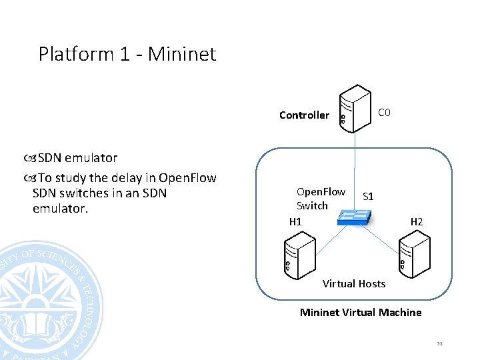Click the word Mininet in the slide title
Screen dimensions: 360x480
[x=182, y=53]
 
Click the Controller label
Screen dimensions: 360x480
[x=304, y=115]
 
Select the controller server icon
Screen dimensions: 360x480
[x=354, y=109]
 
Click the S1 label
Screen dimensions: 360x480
[x=368, y=197]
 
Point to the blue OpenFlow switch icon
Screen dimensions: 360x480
[x=354, y=217]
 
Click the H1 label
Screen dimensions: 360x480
[x=295, y=221]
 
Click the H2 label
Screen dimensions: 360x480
[x=417, y=221]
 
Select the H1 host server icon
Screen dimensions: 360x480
[x=297, y=256]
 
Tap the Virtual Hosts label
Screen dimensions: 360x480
[x=354, y=284]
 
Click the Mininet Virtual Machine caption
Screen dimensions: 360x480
[x=361, y=312]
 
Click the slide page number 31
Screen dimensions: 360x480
[x=440, y=344]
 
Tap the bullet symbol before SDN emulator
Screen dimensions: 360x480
[x=31, y=158]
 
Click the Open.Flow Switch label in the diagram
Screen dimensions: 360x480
[x=321, y=199]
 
